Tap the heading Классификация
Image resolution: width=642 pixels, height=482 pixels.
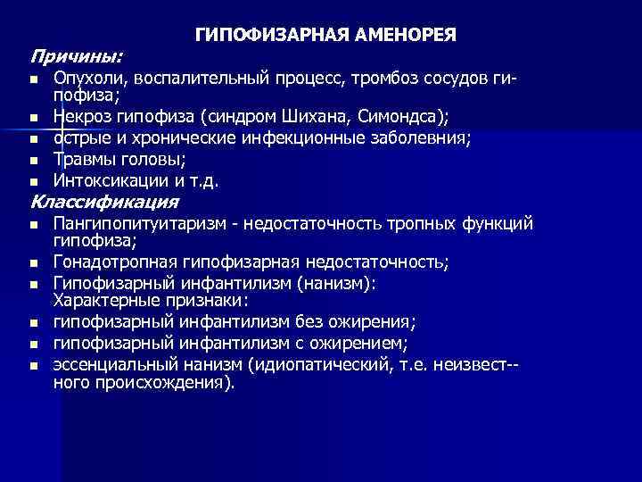(104, 201)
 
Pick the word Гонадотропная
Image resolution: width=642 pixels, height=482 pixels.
(110, 262)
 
